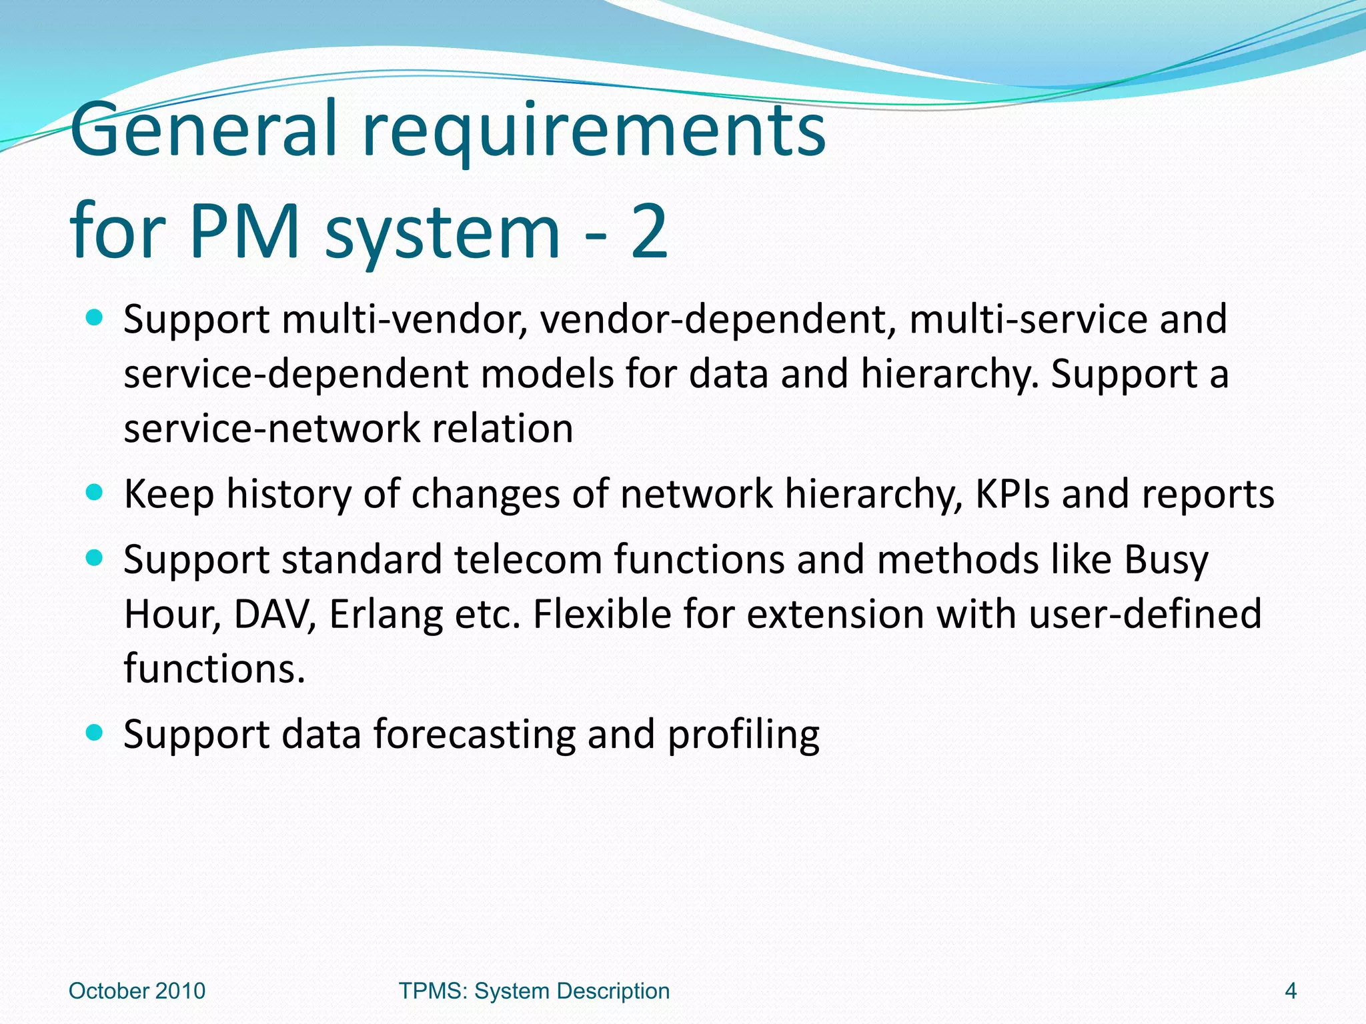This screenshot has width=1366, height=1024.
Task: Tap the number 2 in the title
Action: coord(648,231)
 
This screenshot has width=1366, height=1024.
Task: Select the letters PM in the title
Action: coord(243,231)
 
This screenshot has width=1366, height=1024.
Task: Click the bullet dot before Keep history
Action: coord(95,493)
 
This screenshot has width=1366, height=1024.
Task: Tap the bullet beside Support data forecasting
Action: coord(95,733)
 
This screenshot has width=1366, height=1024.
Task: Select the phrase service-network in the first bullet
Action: coord(272,428)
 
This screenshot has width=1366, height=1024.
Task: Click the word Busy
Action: coord(1165,559)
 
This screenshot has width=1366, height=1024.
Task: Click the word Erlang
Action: coord(386,614)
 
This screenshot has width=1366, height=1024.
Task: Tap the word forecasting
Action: coord(474,734)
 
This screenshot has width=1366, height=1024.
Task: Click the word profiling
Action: coord(743,734)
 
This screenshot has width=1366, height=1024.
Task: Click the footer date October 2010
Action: coord(137,991)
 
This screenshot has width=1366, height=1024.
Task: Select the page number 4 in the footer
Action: coord(1290,991)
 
